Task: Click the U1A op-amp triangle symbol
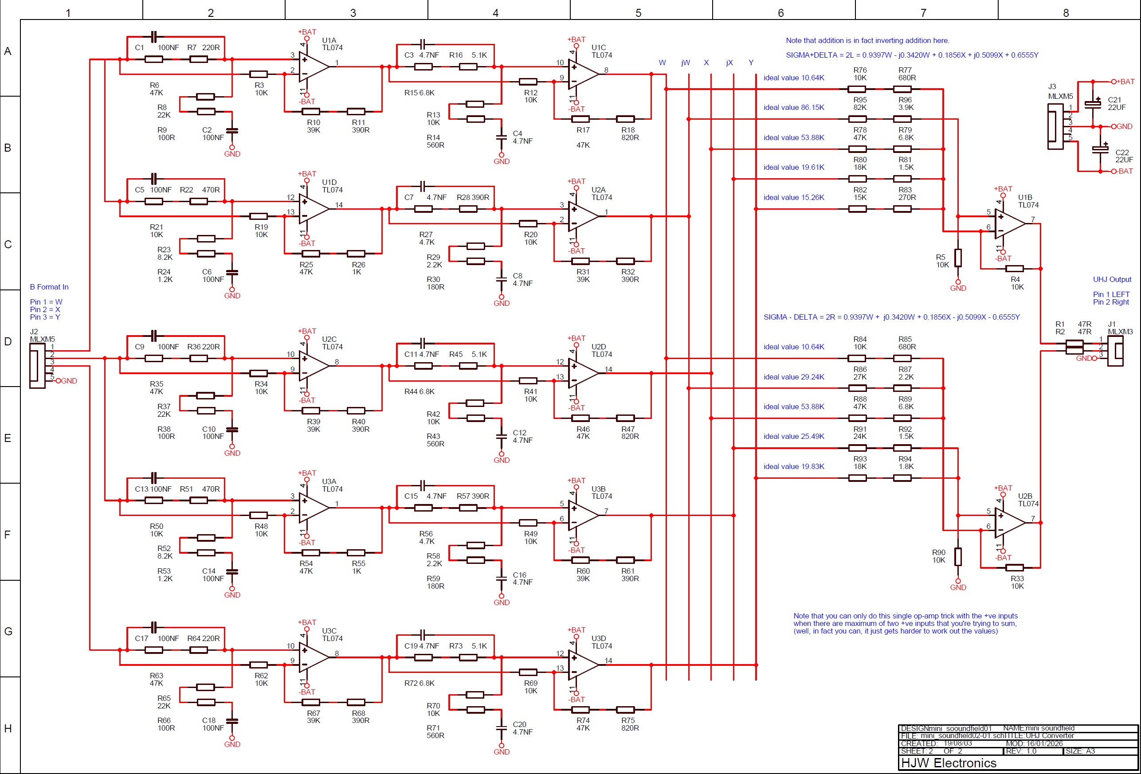[313, 67]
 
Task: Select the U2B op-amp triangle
[1009, 523]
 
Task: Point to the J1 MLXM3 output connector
[1115, 351]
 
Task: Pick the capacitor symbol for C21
[1093, 104]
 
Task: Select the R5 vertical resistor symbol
[958, 258]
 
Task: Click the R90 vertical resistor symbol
[958, 557]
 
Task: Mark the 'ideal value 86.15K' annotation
[793, 107]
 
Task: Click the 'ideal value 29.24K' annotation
[793, 377]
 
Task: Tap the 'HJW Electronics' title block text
[949, 763]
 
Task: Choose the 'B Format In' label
[49, 287]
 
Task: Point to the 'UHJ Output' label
[1112, 279]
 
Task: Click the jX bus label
[729, 63]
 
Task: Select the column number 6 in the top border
[780, 13]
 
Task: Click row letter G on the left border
[8, 631]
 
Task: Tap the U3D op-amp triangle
[583, 665]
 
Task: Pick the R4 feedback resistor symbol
[1014, 269]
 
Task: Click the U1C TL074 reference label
[601, 51]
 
